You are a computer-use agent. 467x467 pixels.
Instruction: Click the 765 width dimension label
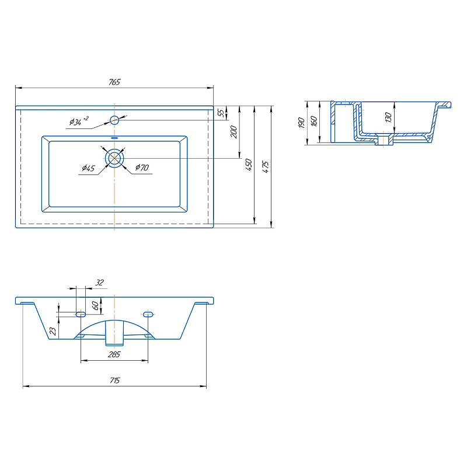114,82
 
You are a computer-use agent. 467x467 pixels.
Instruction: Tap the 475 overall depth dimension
266,167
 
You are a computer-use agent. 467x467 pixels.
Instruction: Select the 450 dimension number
249,165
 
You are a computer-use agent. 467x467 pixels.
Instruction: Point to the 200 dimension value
234,132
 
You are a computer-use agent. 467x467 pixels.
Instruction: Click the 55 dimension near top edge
221,113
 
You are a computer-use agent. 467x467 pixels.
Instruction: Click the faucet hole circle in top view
114,120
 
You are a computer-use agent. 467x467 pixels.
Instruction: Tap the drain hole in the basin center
114,158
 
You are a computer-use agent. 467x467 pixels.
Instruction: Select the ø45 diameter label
89,168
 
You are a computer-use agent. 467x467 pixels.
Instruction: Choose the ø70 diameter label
142,168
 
